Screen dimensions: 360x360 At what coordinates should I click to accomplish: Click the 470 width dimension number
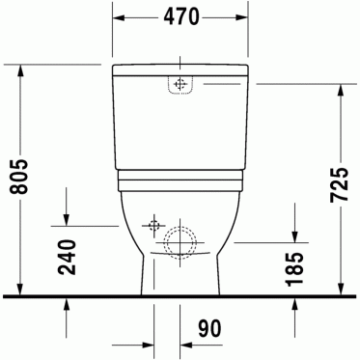181,16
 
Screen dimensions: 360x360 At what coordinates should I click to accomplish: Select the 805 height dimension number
19,177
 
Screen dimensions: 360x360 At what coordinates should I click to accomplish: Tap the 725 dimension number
340,184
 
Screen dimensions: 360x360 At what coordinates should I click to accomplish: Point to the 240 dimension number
68,258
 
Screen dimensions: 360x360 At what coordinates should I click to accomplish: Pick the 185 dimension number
294,269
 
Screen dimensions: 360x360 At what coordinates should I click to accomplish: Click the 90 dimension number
209,329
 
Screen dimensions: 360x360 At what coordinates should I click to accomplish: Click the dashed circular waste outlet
180,243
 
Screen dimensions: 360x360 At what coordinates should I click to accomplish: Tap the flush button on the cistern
180,85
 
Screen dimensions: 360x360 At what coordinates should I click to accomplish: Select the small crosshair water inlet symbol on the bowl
154,226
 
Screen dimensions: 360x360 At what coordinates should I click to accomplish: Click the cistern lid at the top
180,70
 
